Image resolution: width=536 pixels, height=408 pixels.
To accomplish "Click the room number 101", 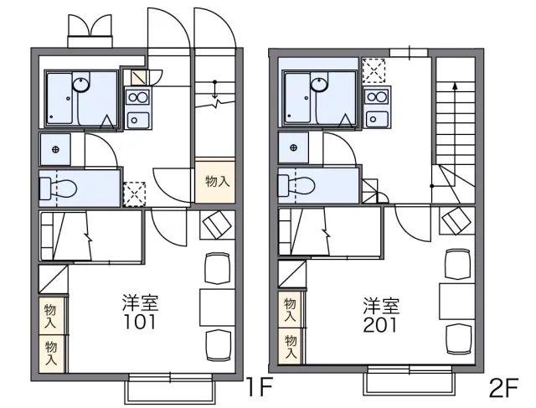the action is pos(140,322).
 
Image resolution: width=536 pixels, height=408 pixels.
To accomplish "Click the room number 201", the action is pos(380,325).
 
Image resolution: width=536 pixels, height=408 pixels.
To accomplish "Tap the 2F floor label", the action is pos(503,388).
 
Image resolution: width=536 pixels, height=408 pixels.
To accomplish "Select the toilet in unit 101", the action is pos(59,189).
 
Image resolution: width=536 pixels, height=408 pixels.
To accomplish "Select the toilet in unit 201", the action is pos(296,185).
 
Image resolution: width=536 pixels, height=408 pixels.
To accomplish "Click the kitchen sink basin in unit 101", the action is pos(138,120).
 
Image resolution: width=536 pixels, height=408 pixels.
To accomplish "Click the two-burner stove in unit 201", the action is pos(376,97).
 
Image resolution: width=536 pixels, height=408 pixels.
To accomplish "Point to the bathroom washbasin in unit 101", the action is pos(81,85).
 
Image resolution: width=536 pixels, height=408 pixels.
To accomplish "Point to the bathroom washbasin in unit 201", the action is pos(319,84).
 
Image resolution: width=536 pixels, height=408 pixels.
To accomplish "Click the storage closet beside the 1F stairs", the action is pos(215,182).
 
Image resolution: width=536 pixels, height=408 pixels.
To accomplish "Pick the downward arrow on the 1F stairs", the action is pos(214,90).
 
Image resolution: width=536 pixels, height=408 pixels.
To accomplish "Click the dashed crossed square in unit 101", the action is pos(134,194).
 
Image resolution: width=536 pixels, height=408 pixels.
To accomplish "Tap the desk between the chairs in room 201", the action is pos(456,302).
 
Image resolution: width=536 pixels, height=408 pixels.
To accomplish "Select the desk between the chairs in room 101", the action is pos(217,307).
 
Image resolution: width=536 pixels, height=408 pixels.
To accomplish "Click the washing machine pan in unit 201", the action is pos(374,70).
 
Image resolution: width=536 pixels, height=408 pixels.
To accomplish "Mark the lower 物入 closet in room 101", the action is pos(51,354).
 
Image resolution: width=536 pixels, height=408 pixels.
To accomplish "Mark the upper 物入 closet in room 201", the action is pos(290,309).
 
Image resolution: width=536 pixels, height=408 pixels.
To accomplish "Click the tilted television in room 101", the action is pos(217,225).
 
